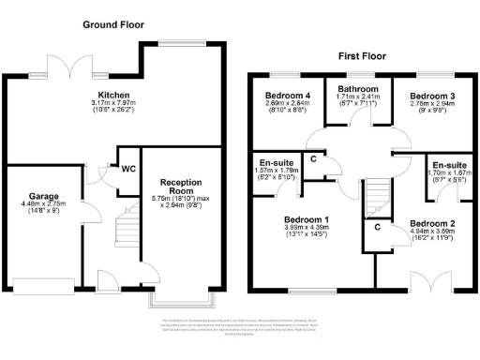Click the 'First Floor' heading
[362, 57]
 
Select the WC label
[127, 169]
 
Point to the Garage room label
[38, 198]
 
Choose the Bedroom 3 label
[432, 96]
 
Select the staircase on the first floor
[376, 198]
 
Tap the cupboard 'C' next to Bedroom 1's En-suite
[312, 159]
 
